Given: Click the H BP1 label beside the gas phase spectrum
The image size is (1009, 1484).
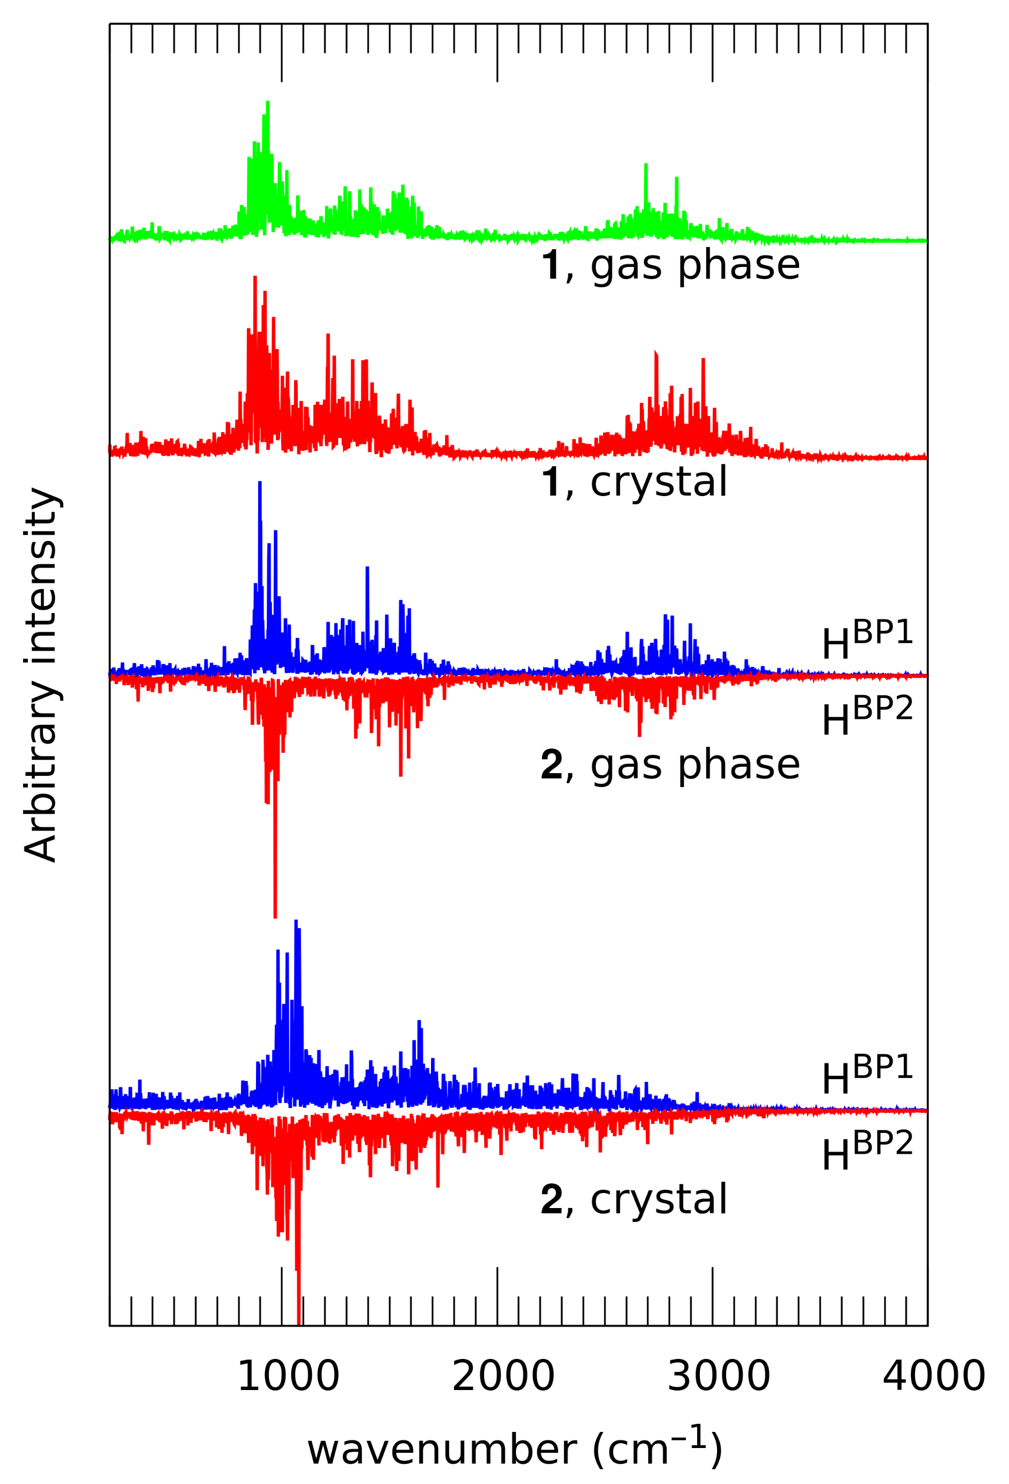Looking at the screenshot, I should pos(867,641).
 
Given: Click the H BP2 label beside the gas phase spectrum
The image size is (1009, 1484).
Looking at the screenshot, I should pos(867,716).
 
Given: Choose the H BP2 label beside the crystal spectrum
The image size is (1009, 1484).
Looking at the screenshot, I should pos(867,1151).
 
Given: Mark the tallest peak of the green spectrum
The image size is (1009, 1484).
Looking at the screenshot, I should pos(267,104).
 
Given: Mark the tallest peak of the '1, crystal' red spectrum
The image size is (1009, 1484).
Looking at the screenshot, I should pos(254,279).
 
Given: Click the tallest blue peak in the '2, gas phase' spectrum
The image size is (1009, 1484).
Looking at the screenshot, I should pos(260,484).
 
